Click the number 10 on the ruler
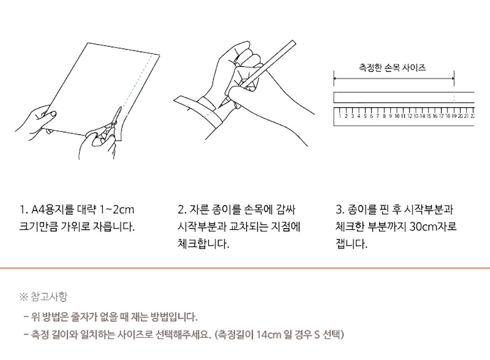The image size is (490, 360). point(396,116)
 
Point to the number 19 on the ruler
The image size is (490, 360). point(454,116)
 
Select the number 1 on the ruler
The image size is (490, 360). point(340,116)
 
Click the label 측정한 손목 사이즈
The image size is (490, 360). point(392,68)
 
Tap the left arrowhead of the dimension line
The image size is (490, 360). point(335,78)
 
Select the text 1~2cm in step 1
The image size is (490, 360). point(116,209)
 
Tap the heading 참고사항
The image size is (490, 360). point(49,296)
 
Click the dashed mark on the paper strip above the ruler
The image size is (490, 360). point(454,97)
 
